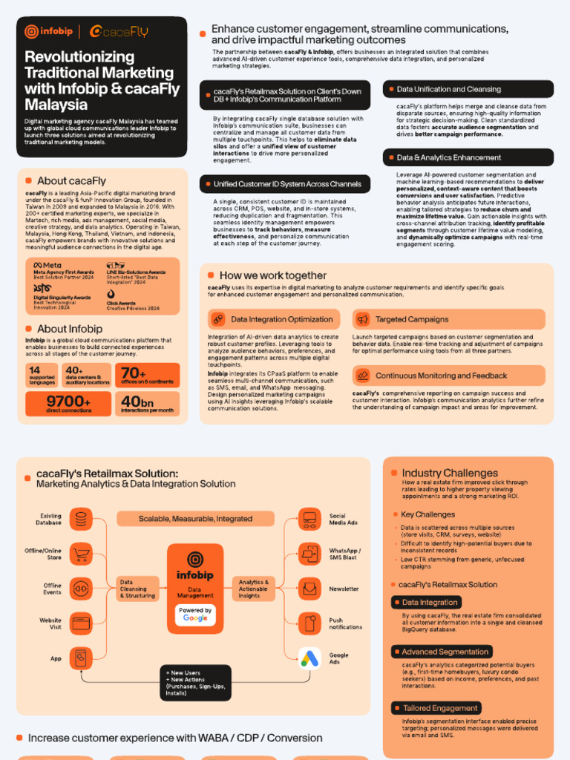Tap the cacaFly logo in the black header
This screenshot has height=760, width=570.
[x=119, y=31]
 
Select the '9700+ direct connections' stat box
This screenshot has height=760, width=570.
[x=68, y=404]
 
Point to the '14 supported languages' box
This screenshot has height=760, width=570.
[x=42, y=376]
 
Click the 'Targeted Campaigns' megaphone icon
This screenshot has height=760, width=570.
[x=363, y=319]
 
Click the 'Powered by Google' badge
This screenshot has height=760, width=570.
[x=195, y=614]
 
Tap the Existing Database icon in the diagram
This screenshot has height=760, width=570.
[x=81, y=519]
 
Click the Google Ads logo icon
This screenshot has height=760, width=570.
[x=309, y=658]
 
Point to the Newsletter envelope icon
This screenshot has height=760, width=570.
[x=309, y=589]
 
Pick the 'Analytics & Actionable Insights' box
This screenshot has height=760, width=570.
[x=255, y=589]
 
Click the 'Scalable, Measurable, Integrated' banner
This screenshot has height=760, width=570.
[x=195, y=519]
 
